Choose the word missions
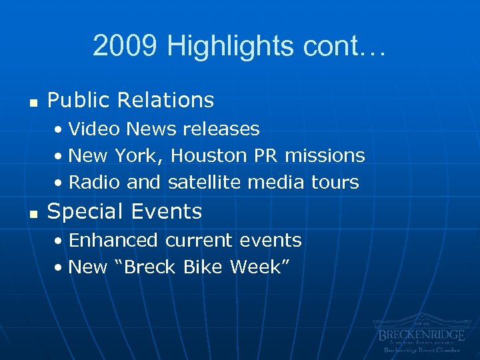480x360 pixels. coord(325,155)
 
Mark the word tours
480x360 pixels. coord(336,182)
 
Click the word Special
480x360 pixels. coord(85,212)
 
